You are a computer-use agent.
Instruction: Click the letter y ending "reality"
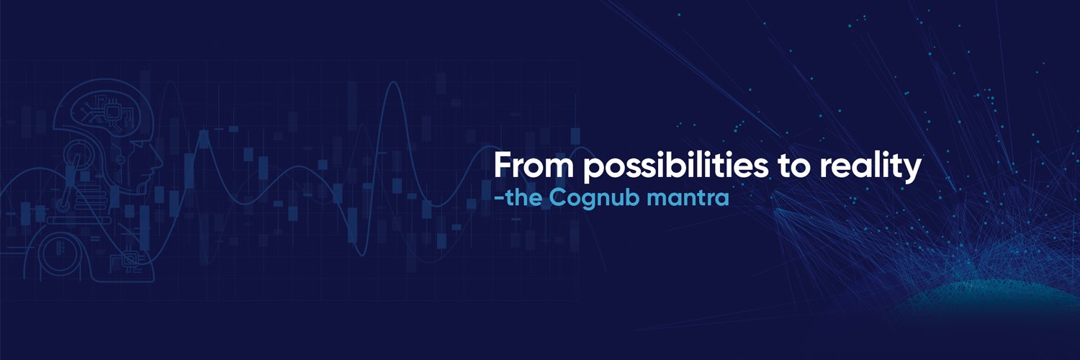click(913, 171)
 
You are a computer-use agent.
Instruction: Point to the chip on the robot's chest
click(131, 257)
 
